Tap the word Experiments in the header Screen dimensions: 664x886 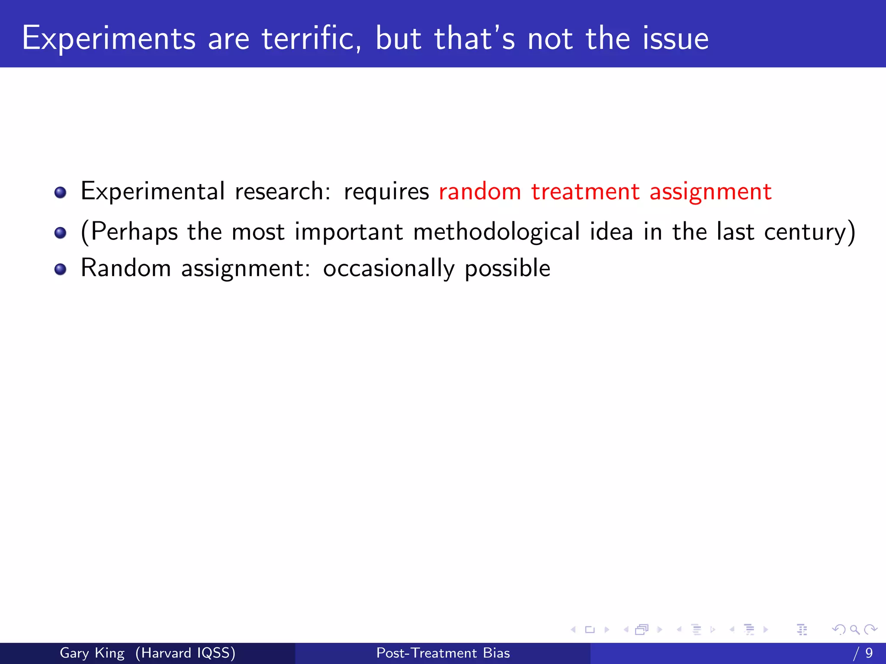click(x=109, y=39)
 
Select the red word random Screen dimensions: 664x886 click(x=480, y=192)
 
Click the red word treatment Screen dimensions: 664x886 click(x=585, y=192)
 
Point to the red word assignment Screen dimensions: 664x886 click(x=710, y=192)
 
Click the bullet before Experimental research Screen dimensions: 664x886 click(x=61, y=192)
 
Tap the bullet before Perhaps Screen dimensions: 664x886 click(x=61, y=233)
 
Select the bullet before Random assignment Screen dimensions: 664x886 click(x=61, y=269)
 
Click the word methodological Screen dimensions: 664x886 click(x=496, y=232)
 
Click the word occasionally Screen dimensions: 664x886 click(x=388, y=268)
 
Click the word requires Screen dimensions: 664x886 click(x=386, y=192)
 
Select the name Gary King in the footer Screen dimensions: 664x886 click(x=92, y=653)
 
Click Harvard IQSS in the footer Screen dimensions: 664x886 click(x=185, y=653)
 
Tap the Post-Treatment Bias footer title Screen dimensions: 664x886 click(x=443, y=653)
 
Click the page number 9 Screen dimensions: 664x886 click(x=869, y=653)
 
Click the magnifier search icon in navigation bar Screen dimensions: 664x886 click(x=854, y=629)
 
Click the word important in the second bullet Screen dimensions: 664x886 click(x=349, y=232)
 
